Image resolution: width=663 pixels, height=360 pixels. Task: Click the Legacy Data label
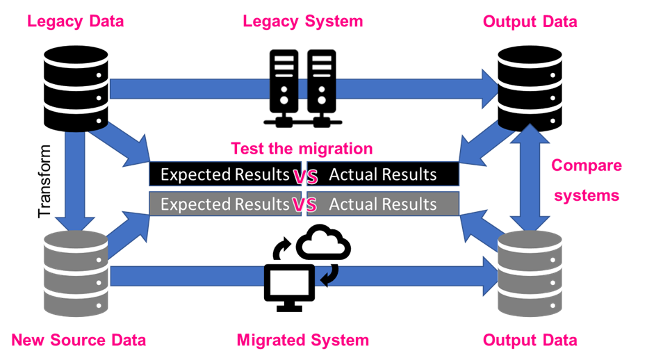click(76, 22)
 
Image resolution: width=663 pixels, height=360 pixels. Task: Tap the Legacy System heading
click(302, 22)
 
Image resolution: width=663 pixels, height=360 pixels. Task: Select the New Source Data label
click(79, 340)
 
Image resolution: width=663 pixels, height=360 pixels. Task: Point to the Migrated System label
click(302, 340)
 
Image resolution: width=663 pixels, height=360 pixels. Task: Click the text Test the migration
click(302, 149)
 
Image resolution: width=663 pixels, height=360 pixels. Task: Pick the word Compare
click(587, 166)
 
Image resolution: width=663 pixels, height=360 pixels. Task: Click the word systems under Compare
click(587, 196)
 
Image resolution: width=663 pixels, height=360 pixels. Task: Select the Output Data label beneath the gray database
click(530, 340)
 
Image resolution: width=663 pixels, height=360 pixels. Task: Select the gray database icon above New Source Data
click(75, 273)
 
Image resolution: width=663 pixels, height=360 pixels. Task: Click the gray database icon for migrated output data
click(530, 273)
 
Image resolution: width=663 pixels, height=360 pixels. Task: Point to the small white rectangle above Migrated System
click(289, 282)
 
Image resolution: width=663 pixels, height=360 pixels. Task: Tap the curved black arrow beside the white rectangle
click(328, 277)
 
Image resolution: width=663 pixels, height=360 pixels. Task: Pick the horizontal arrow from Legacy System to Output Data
click(417, 88)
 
